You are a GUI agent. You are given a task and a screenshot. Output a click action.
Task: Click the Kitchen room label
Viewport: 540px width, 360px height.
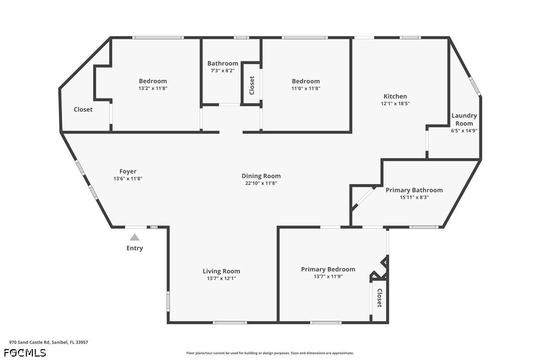coord(395,96)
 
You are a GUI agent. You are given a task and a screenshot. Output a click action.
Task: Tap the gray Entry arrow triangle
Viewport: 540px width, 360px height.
coord(135,238)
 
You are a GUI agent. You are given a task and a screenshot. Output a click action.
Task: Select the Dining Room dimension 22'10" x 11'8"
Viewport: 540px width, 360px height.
coord(261,183)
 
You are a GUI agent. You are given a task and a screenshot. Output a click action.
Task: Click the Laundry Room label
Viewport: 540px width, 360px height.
coord(464,119)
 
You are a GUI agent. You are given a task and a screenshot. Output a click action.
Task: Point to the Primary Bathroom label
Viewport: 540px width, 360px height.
coord(414,190)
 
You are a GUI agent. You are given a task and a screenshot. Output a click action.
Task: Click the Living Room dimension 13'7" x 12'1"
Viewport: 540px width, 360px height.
coord(221,278)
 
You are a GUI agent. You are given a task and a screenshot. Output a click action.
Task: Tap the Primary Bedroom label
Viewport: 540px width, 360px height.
coord(328,270)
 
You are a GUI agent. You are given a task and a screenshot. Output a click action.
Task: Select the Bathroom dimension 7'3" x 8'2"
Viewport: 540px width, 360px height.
coord(223,71)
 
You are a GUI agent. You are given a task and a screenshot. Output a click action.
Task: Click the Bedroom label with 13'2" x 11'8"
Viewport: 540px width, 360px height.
coord(153,81)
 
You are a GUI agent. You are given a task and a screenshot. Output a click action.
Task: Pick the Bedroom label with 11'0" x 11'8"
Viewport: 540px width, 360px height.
coord(306,81)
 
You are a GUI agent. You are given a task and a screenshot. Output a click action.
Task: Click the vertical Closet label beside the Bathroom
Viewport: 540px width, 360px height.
coord(252,85)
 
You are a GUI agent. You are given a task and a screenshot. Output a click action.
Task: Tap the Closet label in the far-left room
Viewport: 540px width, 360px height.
coord(83,109)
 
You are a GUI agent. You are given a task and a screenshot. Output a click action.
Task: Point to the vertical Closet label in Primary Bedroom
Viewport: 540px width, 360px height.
coord(379,298)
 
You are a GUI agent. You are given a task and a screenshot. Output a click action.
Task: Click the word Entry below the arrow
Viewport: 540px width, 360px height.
coord(135,248)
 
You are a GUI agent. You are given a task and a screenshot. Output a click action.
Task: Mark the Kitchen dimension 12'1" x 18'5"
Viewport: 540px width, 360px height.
coord(395,104)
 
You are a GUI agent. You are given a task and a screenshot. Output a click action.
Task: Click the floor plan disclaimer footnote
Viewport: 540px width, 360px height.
coord(270,353)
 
